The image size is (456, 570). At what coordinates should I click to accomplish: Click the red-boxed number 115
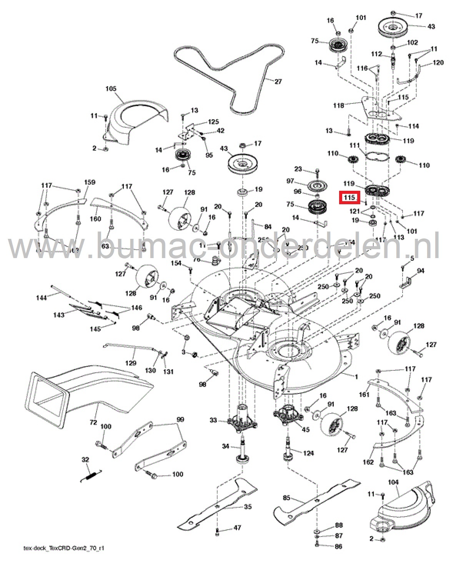[349, 198]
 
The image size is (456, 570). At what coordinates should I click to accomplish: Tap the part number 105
[111, 89]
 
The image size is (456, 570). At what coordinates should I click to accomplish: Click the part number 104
[393, 482]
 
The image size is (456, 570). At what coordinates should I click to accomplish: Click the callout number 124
[308, 453]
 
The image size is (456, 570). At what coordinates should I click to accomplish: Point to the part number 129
[131, 363]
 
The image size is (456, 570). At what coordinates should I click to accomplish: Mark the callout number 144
[41, 297]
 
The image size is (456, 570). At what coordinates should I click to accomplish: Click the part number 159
[90, 182]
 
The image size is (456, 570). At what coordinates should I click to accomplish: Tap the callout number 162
[368, 462]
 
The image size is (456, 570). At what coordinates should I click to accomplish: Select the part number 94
[421, 271]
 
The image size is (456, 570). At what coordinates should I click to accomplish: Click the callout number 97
[290, 181]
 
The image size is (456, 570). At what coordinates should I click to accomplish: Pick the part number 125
[213, 122]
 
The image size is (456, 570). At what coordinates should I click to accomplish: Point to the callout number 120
[438, 62]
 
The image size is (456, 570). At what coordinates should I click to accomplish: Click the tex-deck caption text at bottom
[64, 548]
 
